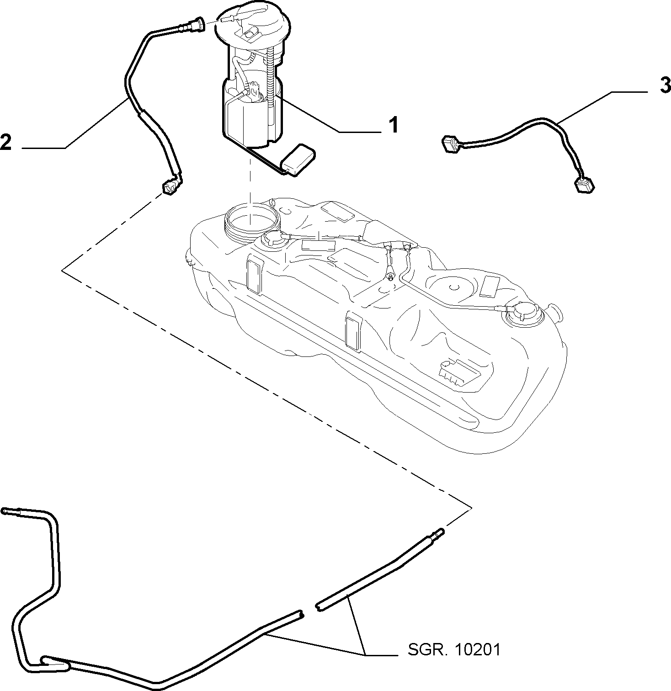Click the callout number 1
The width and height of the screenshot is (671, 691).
point(393,125)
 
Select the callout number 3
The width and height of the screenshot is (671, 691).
point(665,86)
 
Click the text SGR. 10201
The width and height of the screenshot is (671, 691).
point(454,650)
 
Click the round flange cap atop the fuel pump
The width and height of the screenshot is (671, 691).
point(253,23)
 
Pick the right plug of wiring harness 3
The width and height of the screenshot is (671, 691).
point(585,184)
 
